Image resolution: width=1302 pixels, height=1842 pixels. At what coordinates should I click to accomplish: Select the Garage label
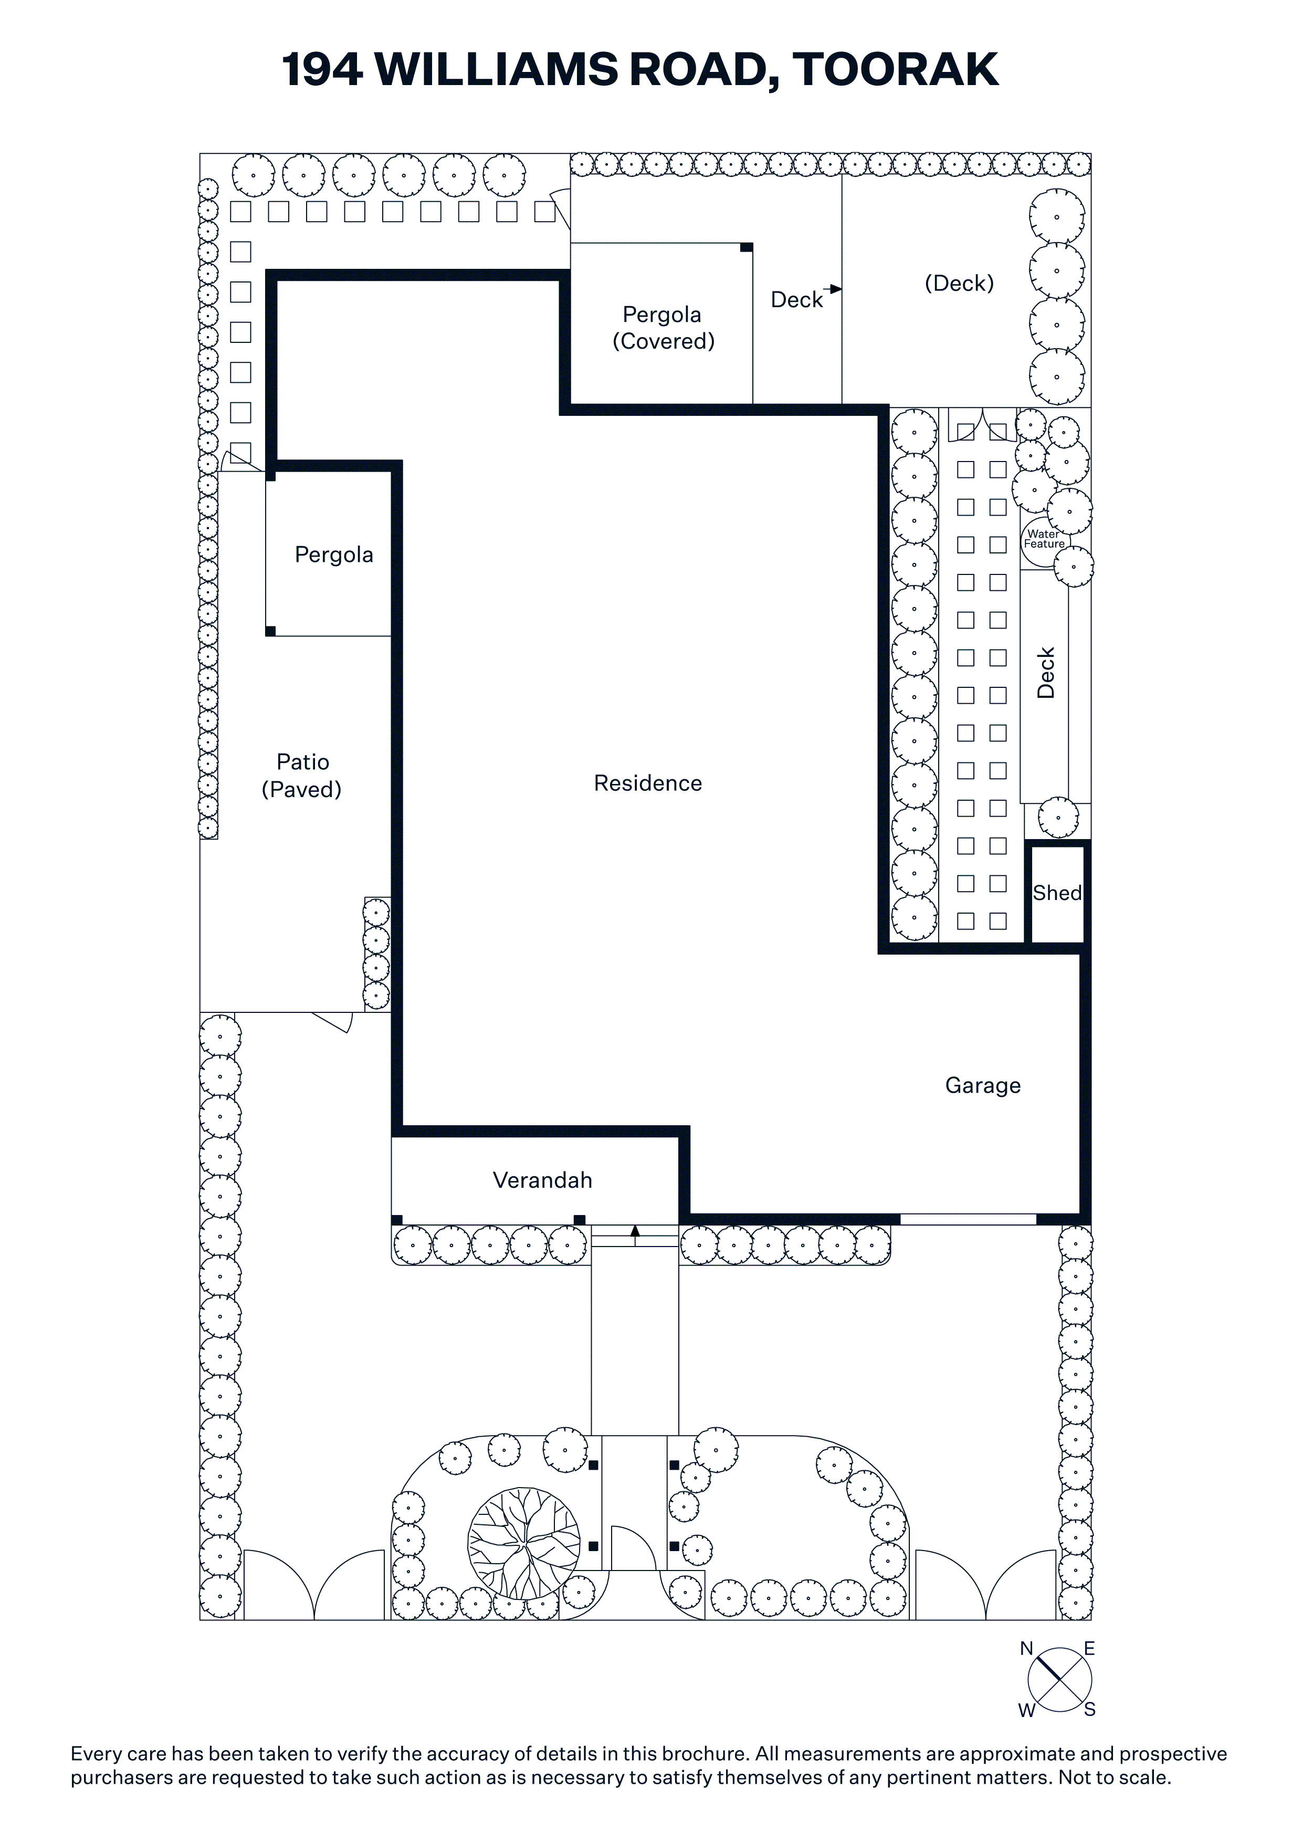[x=983, y=1085]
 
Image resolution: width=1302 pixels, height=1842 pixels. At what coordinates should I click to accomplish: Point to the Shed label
[x=1056, y=893]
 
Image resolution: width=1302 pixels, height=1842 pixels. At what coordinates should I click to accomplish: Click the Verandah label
[x=542, y=1180]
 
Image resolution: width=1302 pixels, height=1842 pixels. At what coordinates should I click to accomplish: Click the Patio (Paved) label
[x=302, y=776]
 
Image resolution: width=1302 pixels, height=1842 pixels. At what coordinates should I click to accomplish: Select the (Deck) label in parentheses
[x=959, y=283]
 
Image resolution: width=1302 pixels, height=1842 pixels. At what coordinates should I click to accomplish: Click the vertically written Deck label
[x=1045, y=673]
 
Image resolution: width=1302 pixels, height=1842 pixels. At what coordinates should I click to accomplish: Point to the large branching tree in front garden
[x=524, y=1544]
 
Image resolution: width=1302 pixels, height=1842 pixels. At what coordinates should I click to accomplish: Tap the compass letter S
[x=1089, y=1710]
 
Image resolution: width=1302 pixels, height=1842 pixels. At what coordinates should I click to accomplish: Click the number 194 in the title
[x=322, y=70]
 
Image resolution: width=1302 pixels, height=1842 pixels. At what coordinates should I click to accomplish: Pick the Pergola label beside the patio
[x=334, y=555]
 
